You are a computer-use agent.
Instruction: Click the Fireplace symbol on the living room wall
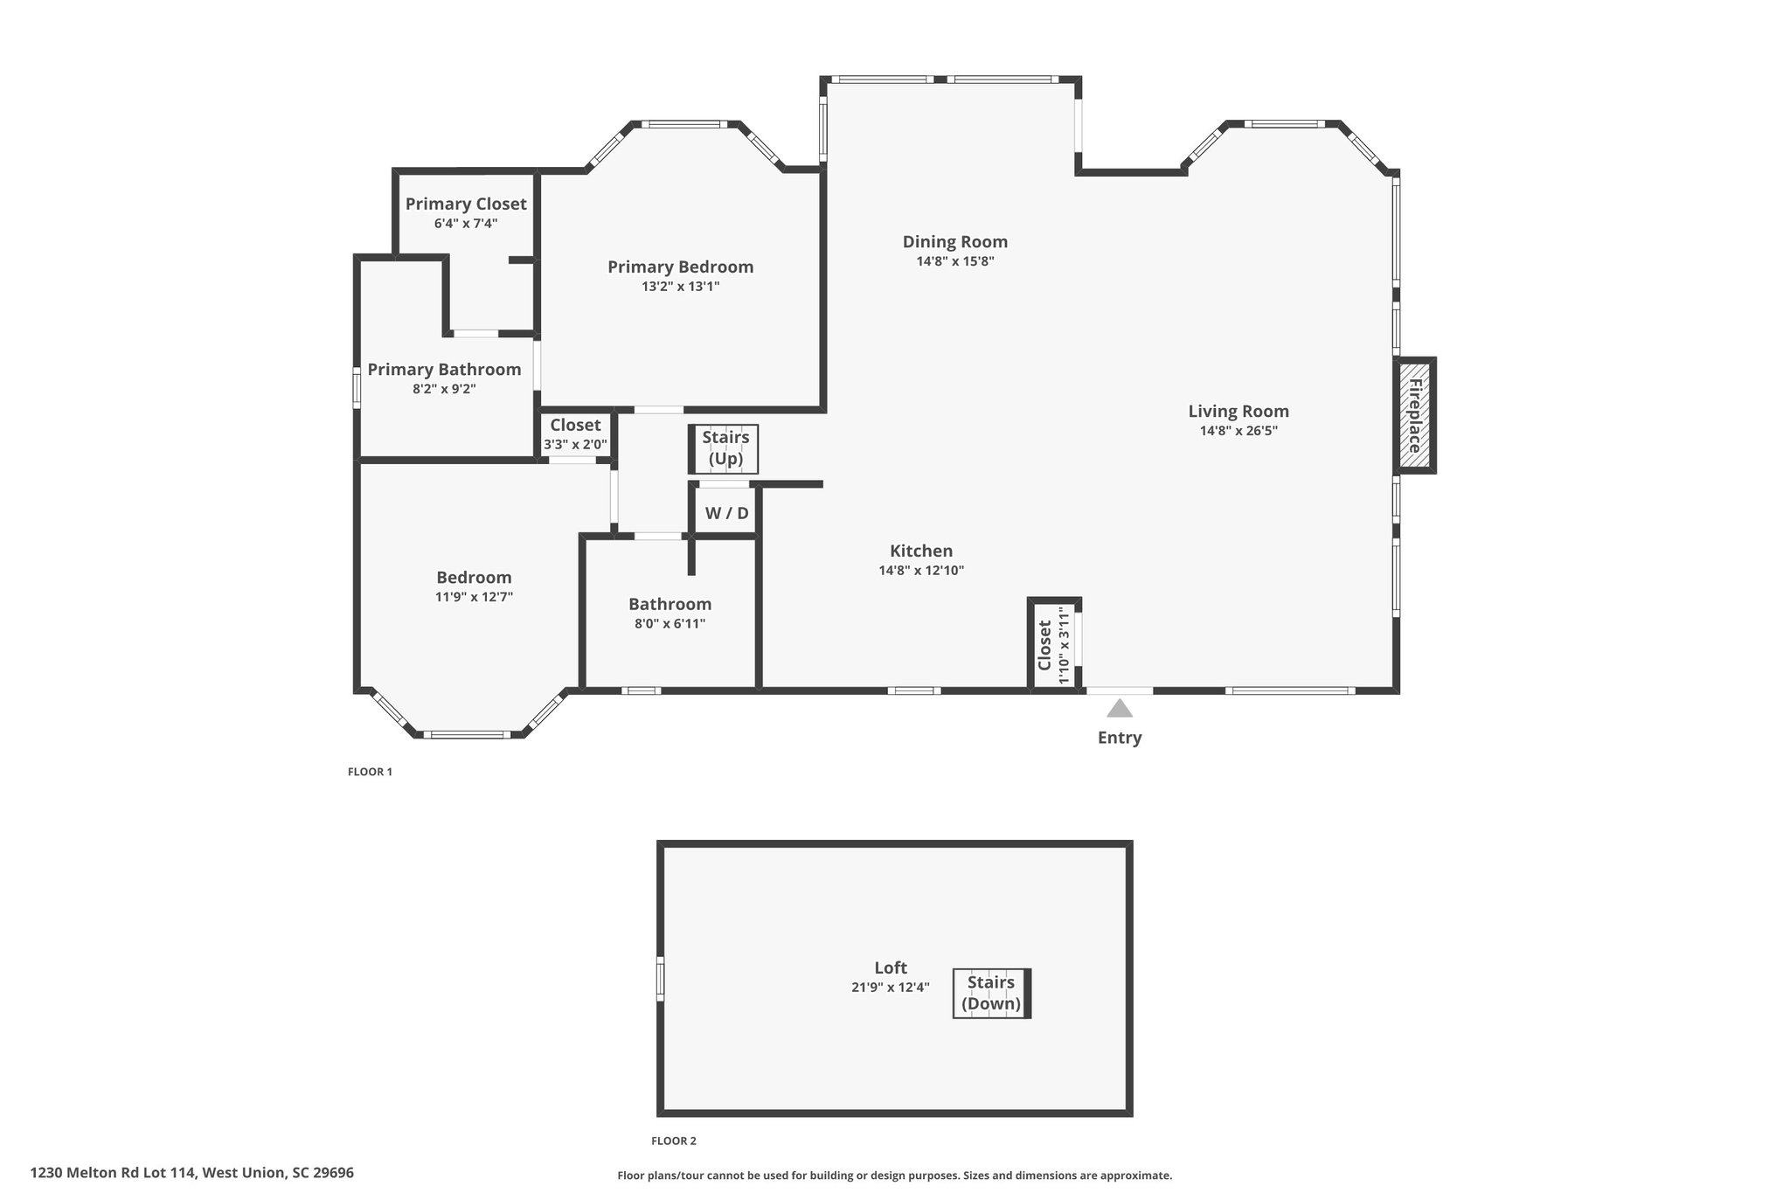pyautogui.click(x=1413, y=416)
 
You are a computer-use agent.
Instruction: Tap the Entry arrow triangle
pyautogui.click(x=1119, y=709)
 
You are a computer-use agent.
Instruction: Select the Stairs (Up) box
pyautogui.click(x=725, y=448)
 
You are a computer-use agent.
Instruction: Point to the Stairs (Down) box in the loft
pyautogui.click(x=991, y=993)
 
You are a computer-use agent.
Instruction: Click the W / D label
pyautogui.click(x=726, y=513)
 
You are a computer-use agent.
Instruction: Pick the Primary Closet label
pyautogui.click(x=466, y=204)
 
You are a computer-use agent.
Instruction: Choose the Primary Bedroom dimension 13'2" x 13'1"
pyautogui.click(x=680, y=286)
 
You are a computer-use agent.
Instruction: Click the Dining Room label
pyautogui.click(x=954, y=242)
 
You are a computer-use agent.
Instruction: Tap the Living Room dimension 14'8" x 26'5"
pyautogui.click(x=1238, y=430)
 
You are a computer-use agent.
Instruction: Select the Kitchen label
pyautogui.click(x=921, y=551)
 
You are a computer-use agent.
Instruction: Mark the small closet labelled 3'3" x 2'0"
pyautogui.click(x=575, y=434)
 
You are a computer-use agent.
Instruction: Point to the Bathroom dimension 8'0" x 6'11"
pyautogui.click(x=670, y=623)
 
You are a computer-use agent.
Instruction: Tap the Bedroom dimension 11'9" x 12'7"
pyautogui.click(x=474, y=597)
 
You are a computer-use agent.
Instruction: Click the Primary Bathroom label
pyautogui.click(x=444, y=370)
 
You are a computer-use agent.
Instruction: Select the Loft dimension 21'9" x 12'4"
pyautogui.click(x=890, y=987)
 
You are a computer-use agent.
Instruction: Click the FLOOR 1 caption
pyautogui.click(x=370, y=772)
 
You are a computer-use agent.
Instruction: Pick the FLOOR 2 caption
pyautogui.click(x=674, y=1141)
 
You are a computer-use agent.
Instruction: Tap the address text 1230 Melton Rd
pyautogui.click(x=191, y=1173)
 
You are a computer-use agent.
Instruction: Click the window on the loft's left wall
pyautogui.click(x=661, y=979)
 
